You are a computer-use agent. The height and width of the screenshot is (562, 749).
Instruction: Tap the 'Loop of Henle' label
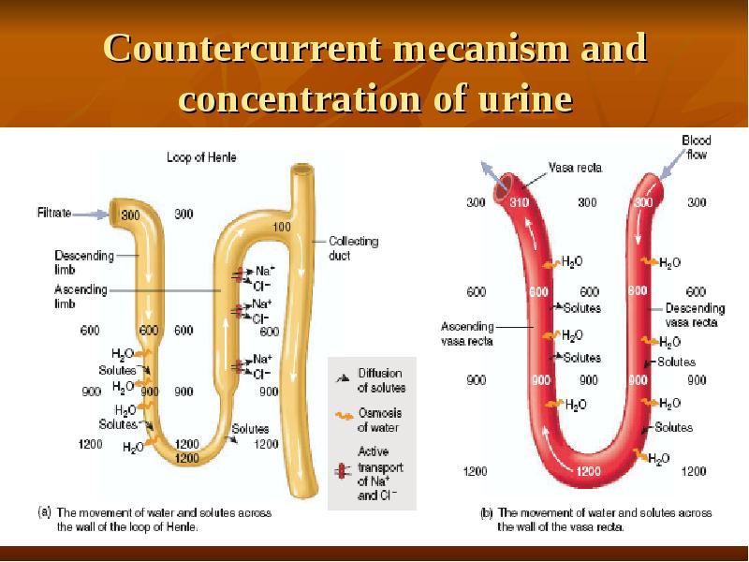pyautogui.click(x=201, y=158)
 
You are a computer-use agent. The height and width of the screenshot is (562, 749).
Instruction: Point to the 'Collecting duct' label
pyautogui.click(x=354, y=248)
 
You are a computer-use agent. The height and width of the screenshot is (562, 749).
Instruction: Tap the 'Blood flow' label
pyautogui.click(x=696, y=146)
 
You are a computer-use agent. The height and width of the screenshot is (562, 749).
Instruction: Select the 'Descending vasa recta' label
pyautogui.click(x=694, y=315)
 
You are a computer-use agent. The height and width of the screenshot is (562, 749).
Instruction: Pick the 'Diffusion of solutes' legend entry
pyautogui.click(x=380, y=380)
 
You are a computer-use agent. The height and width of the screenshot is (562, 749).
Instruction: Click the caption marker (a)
pyautogui.click(x=44, y=512)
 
